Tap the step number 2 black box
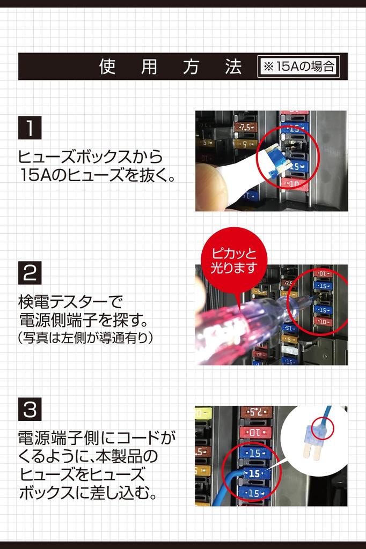(30, 273)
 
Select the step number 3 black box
(30, 410)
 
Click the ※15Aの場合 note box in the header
(298, 66)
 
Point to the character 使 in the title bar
(107, 66)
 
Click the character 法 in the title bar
(233, 66)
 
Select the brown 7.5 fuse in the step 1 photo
(245, 128)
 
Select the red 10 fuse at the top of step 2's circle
(323, 274)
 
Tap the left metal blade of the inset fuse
(308, 454)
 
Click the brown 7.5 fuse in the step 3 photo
(257, 412)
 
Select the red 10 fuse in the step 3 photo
(257, 432)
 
